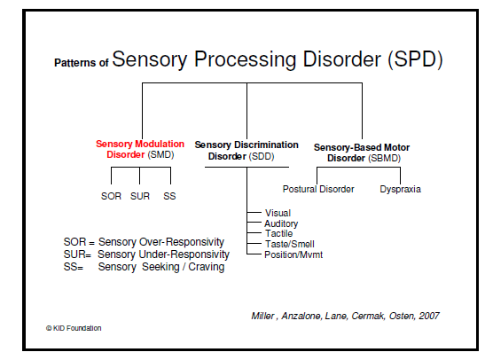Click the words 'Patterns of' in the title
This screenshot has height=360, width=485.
coord(82,64)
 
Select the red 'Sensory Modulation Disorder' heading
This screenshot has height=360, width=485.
coord(140,148)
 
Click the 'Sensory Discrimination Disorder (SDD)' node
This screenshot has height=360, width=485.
coord(245,151)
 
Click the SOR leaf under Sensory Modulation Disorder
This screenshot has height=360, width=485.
coord(111,196)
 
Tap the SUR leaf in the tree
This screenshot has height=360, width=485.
coord(141,196)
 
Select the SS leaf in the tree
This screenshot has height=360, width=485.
coord(169,196)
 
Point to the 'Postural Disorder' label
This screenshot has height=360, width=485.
coord(318,189)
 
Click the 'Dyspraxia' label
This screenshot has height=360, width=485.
coord(400,189)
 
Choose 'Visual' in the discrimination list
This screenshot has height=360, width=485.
coord(277,213)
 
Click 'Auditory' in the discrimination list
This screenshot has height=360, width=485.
coord(281,223)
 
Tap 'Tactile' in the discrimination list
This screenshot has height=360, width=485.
coord(279,233)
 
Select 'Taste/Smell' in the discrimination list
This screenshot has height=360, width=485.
coord(287,244)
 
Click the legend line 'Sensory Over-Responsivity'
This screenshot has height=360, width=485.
coord(161,242)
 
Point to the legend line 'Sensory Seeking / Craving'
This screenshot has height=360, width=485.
coord(161,267)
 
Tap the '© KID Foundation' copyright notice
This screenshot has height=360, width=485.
coord(74,328)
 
